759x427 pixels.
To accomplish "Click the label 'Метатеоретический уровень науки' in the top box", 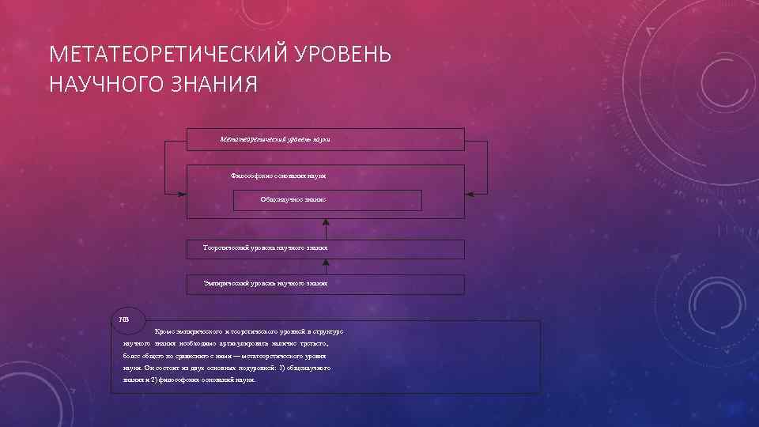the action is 274,139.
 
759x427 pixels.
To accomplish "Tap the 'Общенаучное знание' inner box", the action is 293,199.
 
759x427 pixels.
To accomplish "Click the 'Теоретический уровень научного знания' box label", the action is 266,248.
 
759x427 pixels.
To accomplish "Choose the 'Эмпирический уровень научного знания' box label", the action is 265,282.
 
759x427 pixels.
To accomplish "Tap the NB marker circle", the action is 124,319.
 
